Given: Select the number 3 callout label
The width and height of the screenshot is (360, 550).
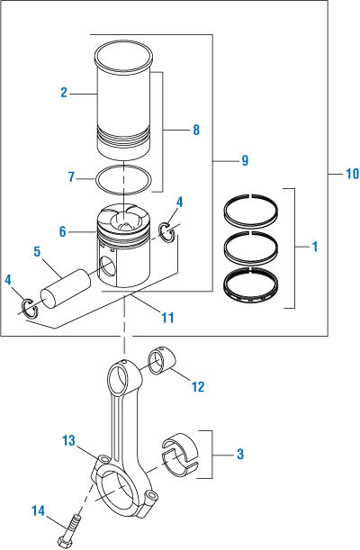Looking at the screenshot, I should point(238,455).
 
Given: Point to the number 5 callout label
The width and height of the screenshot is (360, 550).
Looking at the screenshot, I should point(38,252).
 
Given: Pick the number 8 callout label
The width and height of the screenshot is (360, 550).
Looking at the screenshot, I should point(195,130).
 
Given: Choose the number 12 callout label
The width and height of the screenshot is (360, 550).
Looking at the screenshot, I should point(198,386).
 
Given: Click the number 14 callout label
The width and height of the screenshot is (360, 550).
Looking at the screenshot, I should point(38,511).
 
